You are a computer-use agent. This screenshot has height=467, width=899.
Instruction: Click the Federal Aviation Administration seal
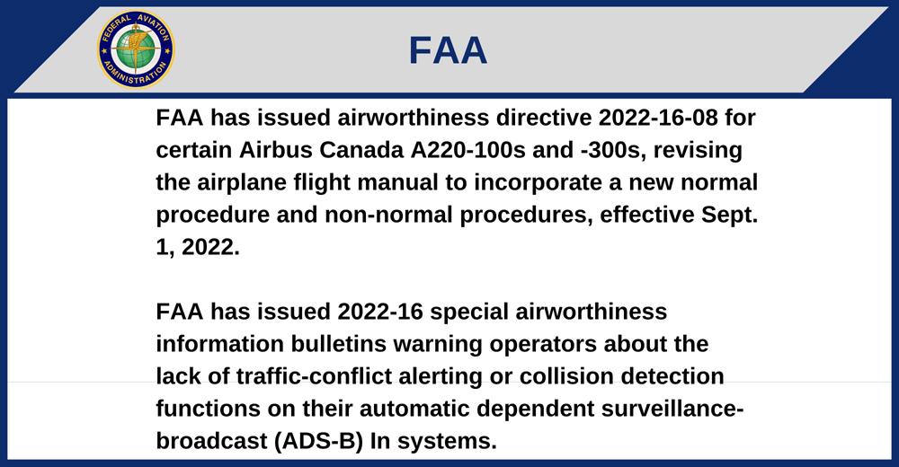tap(136, 49)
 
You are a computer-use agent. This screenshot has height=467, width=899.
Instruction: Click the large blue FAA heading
tap(448, 50)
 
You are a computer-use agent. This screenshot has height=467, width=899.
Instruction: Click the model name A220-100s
tap(467, 150)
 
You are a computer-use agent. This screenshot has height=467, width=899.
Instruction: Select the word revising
tap(698, 151)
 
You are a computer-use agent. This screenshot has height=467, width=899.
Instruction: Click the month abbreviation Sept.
tap(729, 215)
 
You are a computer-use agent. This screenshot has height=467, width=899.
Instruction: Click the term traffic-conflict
tap(314, 376)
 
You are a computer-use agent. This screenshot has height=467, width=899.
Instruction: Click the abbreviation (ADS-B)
tap(318, 442)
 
